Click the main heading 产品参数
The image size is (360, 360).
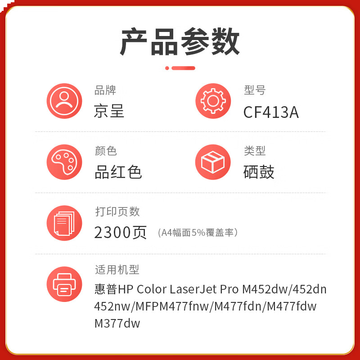(x=180, y=41)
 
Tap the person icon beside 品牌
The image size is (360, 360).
(x=64, y=101)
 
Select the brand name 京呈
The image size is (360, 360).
(x=109, y=111)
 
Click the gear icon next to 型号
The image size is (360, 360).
(x=213, y=101)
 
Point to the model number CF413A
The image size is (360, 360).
(x=271, y=112)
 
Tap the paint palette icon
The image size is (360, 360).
(x=64, y=162)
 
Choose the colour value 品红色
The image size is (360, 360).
(x=118, y=172)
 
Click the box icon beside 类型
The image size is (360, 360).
(x=213, y=162)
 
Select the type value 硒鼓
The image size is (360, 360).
(x=259, y=172)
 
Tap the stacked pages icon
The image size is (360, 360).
(x=64, y=223)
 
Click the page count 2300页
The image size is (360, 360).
(x=120, y=233)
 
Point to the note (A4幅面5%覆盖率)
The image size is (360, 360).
(x=198, y=233)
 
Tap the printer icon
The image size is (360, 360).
(x=64, y=284)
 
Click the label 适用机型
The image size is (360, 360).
(x=117, y=270)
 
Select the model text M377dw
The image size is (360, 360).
(x=117, y=324)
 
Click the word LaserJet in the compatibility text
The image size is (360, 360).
(x=193, y=289)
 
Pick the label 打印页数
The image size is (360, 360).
(x=117, y=211)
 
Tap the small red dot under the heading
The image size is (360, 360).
(x=167, y=68)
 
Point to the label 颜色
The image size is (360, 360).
(x=106, y=151)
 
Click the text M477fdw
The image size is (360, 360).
(x=292, y=306)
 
